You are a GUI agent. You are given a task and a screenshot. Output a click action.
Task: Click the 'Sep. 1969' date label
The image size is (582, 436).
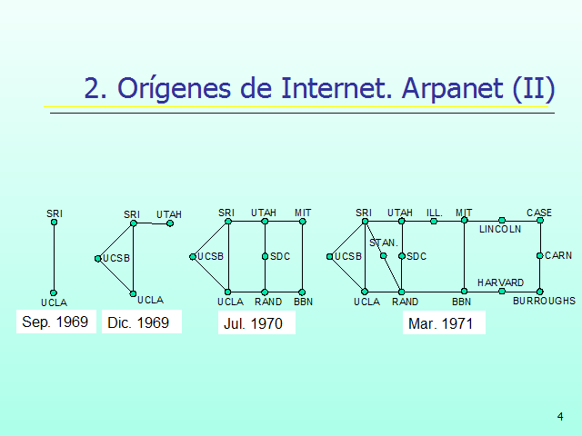55,322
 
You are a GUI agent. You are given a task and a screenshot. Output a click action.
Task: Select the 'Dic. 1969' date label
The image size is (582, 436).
138,322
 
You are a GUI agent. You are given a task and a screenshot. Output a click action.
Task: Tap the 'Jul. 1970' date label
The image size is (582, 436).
253,323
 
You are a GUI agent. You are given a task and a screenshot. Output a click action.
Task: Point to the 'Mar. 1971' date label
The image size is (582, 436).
444,323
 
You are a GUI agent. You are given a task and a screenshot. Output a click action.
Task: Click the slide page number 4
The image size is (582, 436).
560,417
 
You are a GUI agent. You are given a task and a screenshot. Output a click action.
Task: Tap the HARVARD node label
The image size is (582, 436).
500,282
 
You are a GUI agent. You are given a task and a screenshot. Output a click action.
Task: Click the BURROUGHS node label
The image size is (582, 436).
544,301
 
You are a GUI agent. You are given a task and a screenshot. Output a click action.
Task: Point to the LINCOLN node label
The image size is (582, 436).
500,229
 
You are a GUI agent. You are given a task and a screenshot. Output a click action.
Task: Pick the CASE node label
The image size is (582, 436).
539,213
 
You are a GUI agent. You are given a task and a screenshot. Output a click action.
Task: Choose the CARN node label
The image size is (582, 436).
557,256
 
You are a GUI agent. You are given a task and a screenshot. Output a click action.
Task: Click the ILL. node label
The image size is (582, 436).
434,213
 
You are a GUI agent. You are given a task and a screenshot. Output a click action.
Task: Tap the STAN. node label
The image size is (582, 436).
384,243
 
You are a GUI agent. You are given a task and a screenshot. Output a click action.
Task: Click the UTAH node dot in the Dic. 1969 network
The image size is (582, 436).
170,223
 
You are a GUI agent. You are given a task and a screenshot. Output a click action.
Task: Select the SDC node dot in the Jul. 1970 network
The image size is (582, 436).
265,256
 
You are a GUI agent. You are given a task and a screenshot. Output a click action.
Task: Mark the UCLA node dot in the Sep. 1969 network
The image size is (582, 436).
55,292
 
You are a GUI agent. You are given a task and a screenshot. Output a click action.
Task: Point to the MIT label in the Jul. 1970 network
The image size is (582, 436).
303,213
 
